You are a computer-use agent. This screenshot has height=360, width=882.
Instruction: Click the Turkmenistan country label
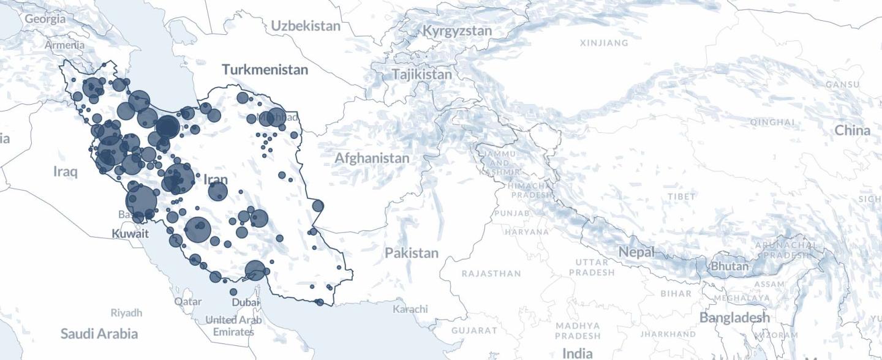(x=265, y=69)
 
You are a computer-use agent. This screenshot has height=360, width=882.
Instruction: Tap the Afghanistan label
(x=372, y=158)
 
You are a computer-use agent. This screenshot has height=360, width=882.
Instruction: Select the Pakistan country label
(x=412, y=253)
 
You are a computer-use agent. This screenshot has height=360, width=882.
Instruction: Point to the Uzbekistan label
(x=306, y=26)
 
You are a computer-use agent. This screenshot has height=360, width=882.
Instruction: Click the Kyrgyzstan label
(x=457, y=31)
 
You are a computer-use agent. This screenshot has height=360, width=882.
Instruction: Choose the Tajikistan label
(x=422, y=75)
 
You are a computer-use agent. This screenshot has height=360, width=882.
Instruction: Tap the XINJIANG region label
(x=604, y=43)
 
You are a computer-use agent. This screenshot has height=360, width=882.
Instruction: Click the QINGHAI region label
(x=772, y=122)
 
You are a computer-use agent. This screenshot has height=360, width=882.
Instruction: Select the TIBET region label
(x=682, y=197)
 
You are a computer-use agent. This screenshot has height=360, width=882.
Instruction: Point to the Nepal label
(x=636, y=252)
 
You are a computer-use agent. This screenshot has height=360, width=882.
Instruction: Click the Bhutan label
(x=729, y=266)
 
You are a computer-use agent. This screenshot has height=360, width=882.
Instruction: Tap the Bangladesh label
(x=734, y=318)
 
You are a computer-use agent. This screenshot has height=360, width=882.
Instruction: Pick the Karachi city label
(x=410, y=309)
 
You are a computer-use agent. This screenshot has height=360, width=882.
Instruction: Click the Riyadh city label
(x=126, y=313)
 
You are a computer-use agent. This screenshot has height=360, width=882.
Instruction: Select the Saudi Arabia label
(x=99, y=334)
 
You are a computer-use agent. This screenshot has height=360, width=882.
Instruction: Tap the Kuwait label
(x=130, y=233)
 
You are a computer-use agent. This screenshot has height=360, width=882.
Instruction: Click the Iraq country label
(x=66, y=171)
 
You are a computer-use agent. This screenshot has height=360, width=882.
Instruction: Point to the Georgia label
(x=45, y=19)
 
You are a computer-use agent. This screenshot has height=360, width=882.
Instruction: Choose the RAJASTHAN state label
(x=491, y=274)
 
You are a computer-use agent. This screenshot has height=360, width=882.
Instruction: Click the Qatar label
(x=187, y=302)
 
